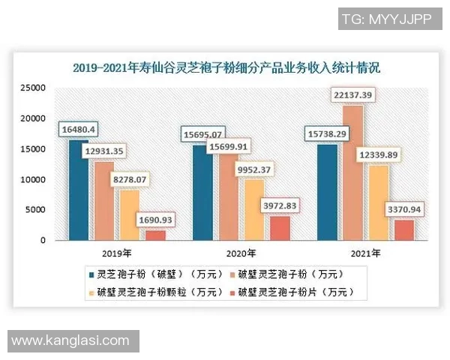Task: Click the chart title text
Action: (225, 67)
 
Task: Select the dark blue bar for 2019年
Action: (78, 190)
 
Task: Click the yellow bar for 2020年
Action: (254, 210)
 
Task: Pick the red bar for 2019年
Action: (155, 235)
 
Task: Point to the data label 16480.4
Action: (78, 130)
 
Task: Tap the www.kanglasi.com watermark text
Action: (70, 340)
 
